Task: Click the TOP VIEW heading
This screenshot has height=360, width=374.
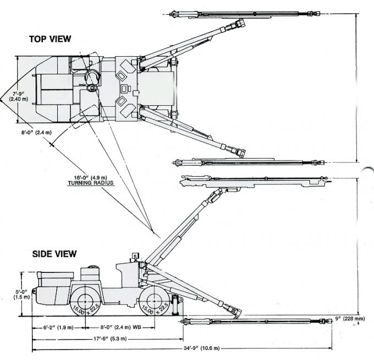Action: point(50,39)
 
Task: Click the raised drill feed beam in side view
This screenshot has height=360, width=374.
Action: point(253,179)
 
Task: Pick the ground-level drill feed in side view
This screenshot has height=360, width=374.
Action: point(253,320)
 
